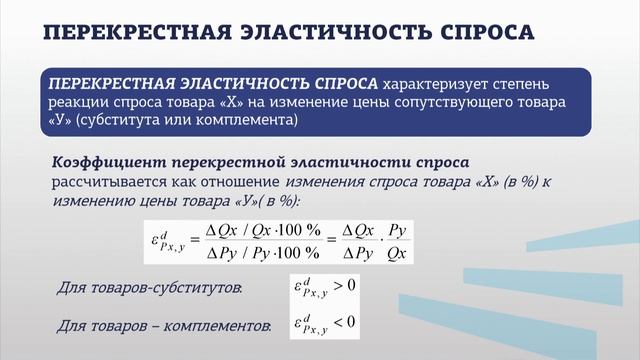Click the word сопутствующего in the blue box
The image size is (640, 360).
click(x=460, y=103)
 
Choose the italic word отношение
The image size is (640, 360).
click(x=238, y=181)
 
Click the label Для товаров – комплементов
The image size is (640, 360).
click(x=163, y=326)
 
